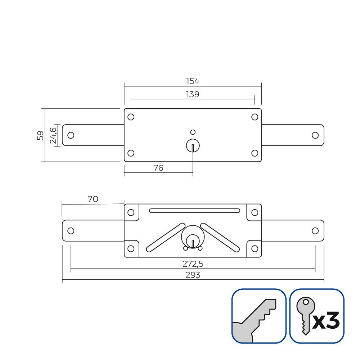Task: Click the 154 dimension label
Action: click(x=193, y=81)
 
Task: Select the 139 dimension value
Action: click(x=193, y=94)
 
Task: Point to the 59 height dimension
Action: click(x=40, y=135)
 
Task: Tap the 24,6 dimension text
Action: click(x=53, y=135)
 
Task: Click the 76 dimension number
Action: click(x=158, y=168)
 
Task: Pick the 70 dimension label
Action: click(x=93, y=199)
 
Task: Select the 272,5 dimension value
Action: click(x=193, y=264)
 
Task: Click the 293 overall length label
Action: click(x=193, y=275)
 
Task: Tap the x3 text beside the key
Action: click(x=326, y=320)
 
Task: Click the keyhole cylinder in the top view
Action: click(x=193, y=146)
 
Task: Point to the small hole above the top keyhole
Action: click(x=193, y=132)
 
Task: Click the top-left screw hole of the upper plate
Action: click(x=131, y=117)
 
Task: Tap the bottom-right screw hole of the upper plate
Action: click(x=255, y=153)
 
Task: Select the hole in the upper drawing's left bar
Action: click(x=71, y=135)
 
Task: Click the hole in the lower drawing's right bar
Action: click(x=315, y=231)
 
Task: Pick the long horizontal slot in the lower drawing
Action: click(x=194, y=210)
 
